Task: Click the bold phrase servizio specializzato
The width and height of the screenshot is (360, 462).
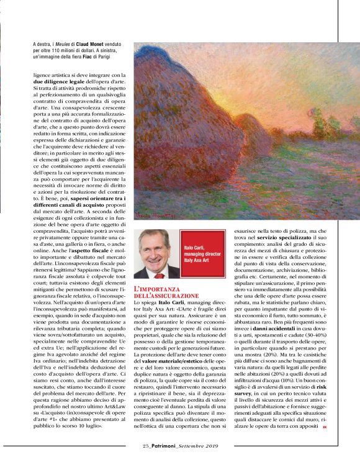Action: (297, 239)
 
